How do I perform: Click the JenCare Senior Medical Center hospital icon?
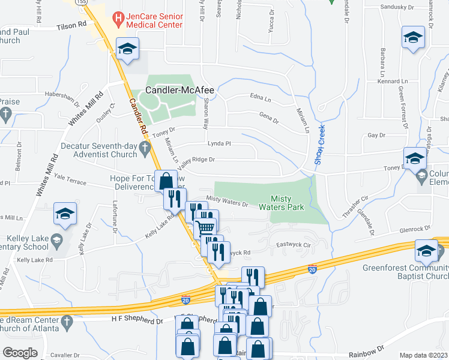tap(118, 19)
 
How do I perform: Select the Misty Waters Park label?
tap(281, 203)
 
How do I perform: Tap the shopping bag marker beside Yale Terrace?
tap(166, 180)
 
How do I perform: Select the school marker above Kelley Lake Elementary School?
tap(65, 214)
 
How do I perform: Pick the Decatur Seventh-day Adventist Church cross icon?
tap(144, 148)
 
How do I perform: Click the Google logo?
tap(20, 353)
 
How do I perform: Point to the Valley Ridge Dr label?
tap(196, 160)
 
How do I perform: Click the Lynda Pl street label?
tap(219, 144)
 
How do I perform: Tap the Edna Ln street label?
tap(261, 97)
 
